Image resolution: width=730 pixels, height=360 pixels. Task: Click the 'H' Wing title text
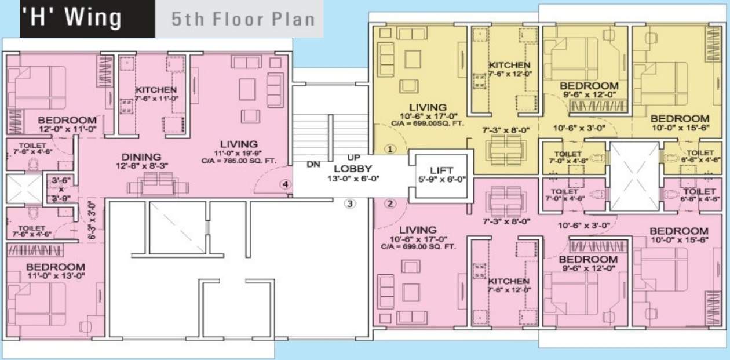(72, 18)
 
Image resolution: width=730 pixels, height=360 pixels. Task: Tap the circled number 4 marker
(284, 185)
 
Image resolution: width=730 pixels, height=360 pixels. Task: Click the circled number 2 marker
(390, 203)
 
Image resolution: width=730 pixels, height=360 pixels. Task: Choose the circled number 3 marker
(349, 203)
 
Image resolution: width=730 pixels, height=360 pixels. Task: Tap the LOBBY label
(350, 169)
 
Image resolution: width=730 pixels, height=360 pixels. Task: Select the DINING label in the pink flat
(141, 157)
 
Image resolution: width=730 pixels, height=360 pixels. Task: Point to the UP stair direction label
(354, 157)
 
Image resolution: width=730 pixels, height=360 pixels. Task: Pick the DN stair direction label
(313, 165)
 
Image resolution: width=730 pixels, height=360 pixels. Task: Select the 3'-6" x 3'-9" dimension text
(60, 189)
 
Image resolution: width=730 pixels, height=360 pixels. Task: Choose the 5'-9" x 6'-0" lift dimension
(441, 179)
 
